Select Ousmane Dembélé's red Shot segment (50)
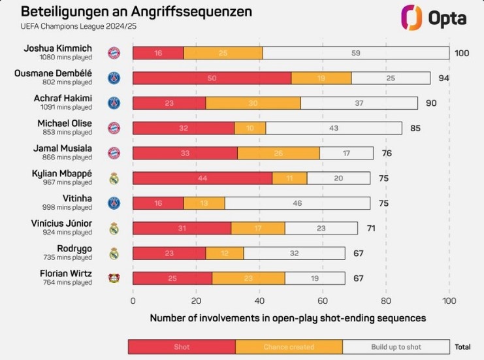coord(212,78)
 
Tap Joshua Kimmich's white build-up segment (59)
coord(355,54)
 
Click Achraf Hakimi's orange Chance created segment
coord(253,103)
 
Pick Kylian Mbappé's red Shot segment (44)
coord(202,178)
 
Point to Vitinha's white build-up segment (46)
coord(297,203)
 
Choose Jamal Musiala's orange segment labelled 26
coord(278,154)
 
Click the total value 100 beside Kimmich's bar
coord(462,54)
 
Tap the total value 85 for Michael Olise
coord(415,128)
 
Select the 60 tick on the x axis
coord(323,301)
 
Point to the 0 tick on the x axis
coord(133,301)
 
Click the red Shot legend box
coord(182,347)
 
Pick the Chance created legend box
coord(289,347)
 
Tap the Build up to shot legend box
coord(396,347)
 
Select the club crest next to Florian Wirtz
coord(114,278)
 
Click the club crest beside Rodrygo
coord(114,254)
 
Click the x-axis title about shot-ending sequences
coord(288,318)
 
